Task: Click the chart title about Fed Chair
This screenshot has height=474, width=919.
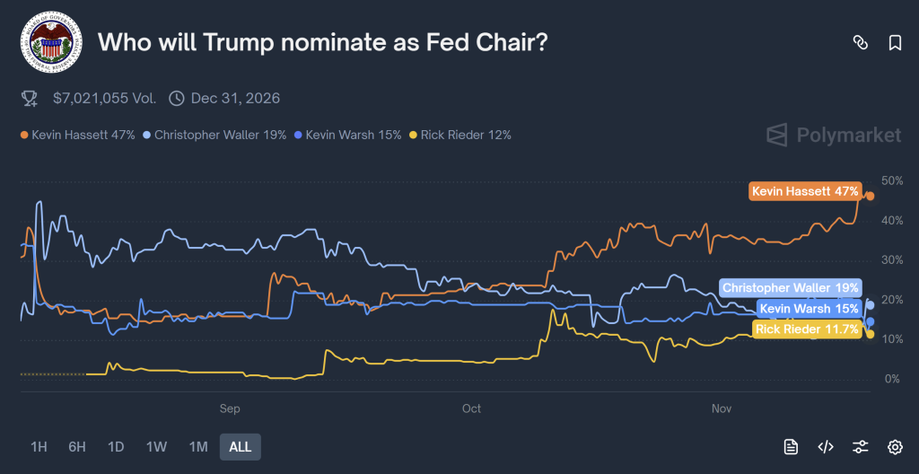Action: pyautogui.click(x=322, y=42)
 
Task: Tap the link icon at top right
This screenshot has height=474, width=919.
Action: pyautogui.click(x=860, y=42)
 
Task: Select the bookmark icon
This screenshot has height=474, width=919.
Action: pyautogui.click(x=895, y=42)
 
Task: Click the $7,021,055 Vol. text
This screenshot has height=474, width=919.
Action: pyautogui.click(x=104, y=98)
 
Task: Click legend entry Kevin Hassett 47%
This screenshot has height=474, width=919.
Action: pyautogui.click(x=77, y=135)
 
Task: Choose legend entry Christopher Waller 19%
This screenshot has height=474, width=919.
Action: pyautogui.click(x=214, y=135)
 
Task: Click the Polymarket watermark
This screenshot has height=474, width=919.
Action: pyautogui.click(x=834, y=136)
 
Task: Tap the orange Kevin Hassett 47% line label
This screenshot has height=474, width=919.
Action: pyautogui.click(x=805, y=191)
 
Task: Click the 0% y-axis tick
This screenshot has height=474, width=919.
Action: pyautogui.click(x=892, y=379)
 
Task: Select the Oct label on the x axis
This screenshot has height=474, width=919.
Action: pyautogui.click(x=471, y=408)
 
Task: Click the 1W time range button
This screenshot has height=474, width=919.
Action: pyautogui.click(x=157, y=446)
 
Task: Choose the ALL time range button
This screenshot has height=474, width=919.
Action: pyautogui.click(x=240, y=446)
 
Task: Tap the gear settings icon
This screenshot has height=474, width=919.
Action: pyautogui.click(x=895, y=446)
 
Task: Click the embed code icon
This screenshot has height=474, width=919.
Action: pyautogui.click(x=826, y=446)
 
